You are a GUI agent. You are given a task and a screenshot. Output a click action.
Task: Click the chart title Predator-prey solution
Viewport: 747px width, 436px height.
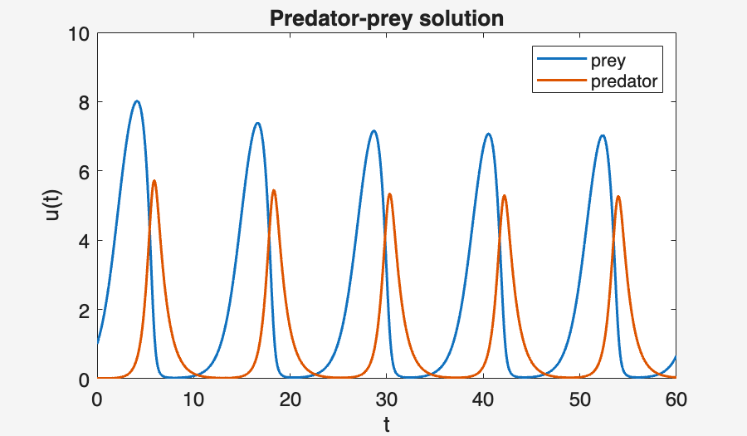click(x=387, y=18)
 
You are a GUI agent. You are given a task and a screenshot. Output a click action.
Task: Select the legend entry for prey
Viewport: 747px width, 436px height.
click(x=608, y=61)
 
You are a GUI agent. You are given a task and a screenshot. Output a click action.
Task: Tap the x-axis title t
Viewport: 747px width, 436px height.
click(x=387, y=424)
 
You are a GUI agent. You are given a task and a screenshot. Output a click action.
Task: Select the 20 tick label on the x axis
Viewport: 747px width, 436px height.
click(x=290, y=399)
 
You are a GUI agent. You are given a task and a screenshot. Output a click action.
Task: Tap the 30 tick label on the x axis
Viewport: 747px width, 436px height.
click(x=387, y=399)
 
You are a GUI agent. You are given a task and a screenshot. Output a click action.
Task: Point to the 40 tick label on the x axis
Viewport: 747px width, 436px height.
click(x=483, y=399)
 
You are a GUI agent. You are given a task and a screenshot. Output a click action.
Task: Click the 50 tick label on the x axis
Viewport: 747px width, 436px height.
click(x=579, y=399)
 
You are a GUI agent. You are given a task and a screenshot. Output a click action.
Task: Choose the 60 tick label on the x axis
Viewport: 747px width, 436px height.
click(x=676, y=399)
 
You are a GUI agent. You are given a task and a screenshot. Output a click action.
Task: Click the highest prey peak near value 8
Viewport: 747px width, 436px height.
click(x=137, y=101)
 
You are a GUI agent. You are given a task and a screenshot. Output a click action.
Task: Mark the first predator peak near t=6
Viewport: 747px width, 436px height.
click(x=154, y=181)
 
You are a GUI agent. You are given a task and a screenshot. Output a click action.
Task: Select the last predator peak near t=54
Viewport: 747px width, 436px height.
click(x=618, y=197)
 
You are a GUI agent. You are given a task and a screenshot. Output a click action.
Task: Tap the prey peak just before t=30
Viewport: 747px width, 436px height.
click(x=374, y=131)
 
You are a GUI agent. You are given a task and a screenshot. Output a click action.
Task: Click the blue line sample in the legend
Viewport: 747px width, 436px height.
click(x=561, y=61)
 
